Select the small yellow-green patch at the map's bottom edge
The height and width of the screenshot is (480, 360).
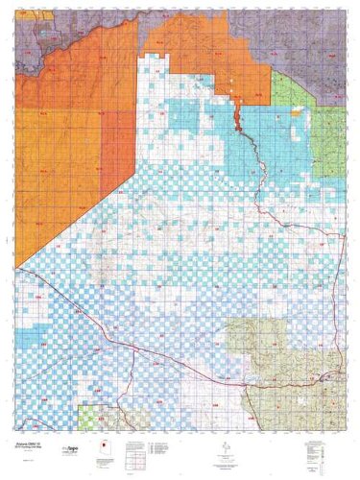(x=90, y=419)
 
